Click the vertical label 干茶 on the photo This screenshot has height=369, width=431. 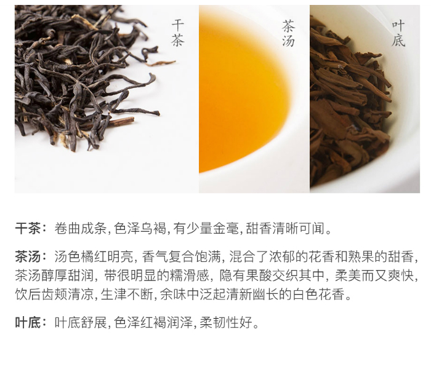177,33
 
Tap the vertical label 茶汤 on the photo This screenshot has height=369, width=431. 288,33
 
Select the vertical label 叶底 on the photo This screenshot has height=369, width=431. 398,34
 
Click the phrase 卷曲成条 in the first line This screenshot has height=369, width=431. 81,228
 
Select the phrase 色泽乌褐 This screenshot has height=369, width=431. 140,228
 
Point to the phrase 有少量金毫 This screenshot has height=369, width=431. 206,228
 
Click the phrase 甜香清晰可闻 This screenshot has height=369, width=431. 285,228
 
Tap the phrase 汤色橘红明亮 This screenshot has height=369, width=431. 94,256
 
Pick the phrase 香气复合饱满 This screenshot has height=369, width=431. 182,256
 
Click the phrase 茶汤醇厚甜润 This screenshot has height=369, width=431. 54,276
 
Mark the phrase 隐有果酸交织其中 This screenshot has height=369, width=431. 272,276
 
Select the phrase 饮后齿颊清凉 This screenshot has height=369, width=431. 54,295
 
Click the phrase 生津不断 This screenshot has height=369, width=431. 127,295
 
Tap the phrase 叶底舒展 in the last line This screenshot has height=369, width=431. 81,322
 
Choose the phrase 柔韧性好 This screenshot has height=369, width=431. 226,322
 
